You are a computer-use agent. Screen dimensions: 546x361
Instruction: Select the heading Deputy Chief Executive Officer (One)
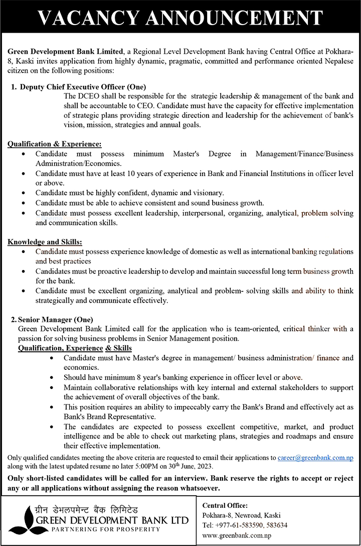click(83, 87)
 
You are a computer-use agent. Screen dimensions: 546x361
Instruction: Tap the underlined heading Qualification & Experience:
click(55, 144)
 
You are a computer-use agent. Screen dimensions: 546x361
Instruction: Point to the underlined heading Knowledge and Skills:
click(45, 242)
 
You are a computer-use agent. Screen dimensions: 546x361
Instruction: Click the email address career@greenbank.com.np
click(315, 458)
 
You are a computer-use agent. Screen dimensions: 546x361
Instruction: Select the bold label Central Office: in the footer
click(225, 505)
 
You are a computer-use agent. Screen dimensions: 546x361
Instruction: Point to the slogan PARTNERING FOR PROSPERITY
click(99, 529)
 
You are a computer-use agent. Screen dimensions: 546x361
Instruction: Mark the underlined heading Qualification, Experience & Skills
click(75, 348)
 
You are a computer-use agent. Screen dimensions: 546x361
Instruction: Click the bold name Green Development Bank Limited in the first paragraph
click(65, 52)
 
